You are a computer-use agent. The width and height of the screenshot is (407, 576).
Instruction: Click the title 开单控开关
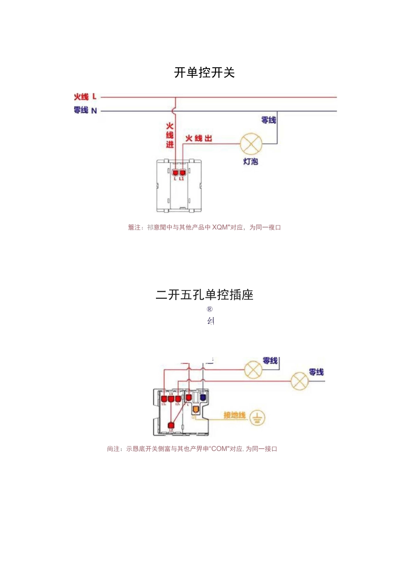204,73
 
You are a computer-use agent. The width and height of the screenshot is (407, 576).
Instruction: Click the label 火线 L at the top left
85,97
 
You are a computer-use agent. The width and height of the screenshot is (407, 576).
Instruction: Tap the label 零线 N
85,110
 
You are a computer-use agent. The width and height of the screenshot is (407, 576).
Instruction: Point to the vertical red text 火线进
170,135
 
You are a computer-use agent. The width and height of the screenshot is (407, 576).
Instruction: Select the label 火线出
198,138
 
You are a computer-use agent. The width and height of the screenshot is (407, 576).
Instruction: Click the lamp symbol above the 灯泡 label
251,144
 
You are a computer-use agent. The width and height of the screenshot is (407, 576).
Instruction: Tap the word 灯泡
251,162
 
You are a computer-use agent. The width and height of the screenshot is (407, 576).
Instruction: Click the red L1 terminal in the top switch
183,173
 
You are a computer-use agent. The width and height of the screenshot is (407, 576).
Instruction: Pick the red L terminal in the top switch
175,173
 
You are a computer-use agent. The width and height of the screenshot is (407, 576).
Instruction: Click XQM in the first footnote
220,227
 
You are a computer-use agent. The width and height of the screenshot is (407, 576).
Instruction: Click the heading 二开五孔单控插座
204,295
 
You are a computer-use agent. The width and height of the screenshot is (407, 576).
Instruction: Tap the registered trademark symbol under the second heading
209,309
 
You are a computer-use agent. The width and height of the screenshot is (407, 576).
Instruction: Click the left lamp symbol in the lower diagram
253,369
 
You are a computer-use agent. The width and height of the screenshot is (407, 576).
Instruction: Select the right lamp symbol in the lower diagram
299,381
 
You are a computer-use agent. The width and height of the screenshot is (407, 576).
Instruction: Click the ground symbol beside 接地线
257,417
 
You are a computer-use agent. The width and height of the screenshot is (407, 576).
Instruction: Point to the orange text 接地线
234,415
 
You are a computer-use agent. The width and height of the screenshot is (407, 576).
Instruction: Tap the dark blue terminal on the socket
203,397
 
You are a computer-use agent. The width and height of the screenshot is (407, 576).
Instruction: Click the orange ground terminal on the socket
195,409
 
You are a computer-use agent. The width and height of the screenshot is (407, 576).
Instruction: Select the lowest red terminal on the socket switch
171,425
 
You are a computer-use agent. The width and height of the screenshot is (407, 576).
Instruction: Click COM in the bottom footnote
219,449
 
